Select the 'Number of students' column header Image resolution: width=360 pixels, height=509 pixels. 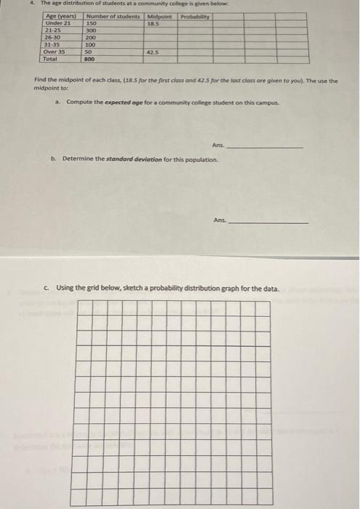[x=114, y=16]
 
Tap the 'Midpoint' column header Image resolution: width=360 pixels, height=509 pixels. [x=159, y=16]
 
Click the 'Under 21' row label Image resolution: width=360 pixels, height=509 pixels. [x=58, y=23]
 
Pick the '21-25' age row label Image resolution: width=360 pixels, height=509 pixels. [x=53, y=31]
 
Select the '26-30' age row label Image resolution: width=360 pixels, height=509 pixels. [x=53, y=37]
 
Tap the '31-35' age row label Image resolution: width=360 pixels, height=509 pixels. [x=53, y=44]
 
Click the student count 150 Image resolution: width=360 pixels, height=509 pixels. [x=92, y=23]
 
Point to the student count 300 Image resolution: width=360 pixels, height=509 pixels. [x=92, y=31]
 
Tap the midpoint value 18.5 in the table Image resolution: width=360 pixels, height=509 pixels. [x=153, y=23]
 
